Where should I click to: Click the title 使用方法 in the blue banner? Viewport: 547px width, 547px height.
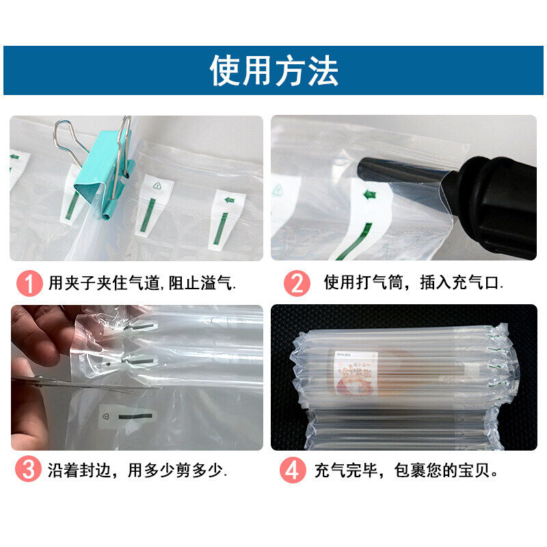[273, 70]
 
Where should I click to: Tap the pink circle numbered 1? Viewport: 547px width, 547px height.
[28, 283]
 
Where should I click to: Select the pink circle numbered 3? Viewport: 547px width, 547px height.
[28, 470]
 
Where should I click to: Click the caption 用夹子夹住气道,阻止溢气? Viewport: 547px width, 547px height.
[144, 283]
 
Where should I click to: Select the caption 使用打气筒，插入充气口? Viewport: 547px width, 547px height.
[414, 283]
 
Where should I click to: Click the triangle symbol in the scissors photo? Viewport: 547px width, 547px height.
[105, 415]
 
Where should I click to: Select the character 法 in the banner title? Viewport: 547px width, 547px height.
[322, 70]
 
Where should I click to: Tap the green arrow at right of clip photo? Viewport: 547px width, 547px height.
[228, 200]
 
